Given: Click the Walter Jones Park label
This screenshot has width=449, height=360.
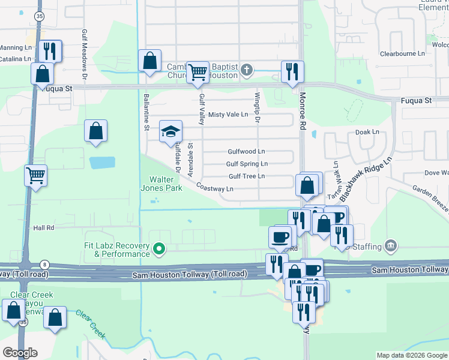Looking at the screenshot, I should [165, 184].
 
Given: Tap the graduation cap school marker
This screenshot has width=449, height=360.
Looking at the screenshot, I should [170, 131].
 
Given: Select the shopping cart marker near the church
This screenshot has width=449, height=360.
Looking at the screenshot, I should [197, 72].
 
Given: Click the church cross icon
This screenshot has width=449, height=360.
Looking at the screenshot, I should [246, 71].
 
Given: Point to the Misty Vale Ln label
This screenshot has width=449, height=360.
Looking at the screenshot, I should [228, 115].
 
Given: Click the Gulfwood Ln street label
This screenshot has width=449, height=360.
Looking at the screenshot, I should [246, 152].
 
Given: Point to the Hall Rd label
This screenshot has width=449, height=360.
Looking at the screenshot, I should [44, 228].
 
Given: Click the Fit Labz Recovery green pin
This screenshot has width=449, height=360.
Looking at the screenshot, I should [159, 248].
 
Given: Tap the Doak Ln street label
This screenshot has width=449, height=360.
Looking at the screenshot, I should [367, 132].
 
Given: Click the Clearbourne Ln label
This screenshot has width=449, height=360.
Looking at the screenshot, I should [402, 53].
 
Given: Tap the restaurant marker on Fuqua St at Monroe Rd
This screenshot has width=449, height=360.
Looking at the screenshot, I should [292, 71].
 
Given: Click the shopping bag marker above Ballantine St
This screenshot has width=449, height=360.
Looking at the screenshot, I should [149, 61].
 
